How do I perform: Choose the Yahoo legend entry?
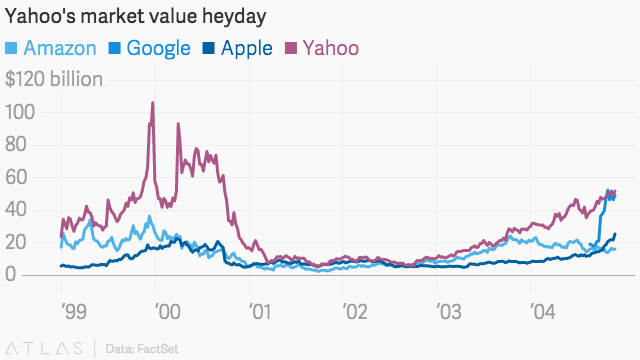323,48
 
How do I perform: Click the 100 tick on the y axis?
21,112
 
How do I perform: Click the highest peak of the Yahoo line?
152,103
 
